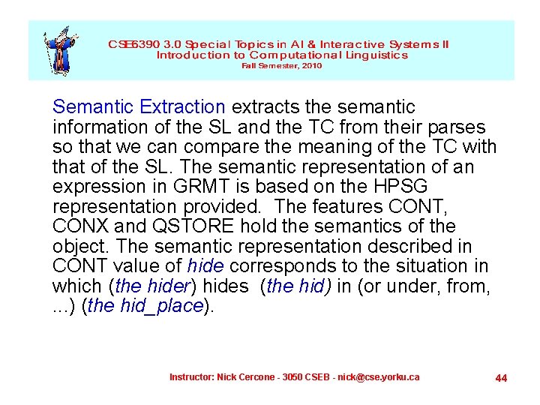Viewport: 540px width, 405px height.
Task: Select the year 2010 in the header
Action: click(x=312, y=66)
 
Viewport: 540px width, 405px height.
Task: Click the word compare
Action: click(x=221, y=148)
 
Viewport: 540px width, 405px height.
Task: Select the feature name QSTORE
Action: click(x=190, y=226)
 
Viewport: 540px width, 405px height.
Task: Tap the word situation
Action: click(x=433, y=265)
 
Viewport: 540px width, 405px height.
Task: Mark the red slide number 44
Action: click(x=501, y=378)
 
